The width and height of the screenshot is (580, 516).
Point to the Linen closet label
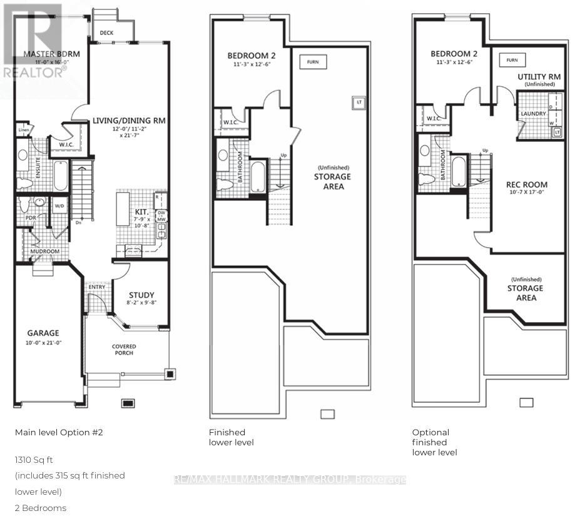click(x=23, y=129)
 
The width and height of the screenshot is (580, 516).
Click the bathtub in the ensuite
click(x=61, y=176)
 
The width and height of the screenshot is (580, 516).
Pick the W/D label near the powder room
click(x=60, y=205)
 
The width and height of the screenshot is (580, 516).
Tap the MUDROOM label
click(x=45, y=251)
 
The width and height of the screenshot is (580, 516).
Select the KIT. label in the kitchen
click(x=141, y=213)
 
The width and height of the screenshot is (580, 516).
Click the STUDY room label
click(x=141, y=295)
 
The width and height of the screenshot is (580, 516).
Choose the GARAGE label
click(x=43, y=333)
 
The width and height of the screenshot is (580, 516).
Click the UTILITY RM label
click(x=539, y=76)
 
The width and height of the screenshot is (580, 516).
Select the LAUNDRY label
click(x=533, y=114)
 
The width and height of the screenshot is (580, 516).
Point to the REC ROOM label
click(x=527, y=185)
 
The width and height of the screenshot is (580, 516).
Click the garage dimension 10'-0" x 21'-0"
click(x=43, y=343)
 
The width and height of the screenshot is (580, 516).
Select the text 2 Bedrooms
click(x=41, y=508)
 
